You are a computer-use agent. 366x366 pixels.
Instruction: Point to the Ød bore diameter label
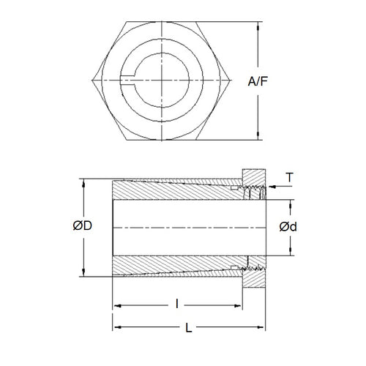pyautogui.click(x=288, y=227)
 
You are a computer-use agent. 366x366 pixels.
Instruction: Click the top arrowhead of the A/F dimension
pyautogui.click(x=258, y=24)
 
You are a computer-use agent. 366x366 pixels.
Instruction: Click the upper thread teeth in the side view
pyautogui.click(x=254, y=195)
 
